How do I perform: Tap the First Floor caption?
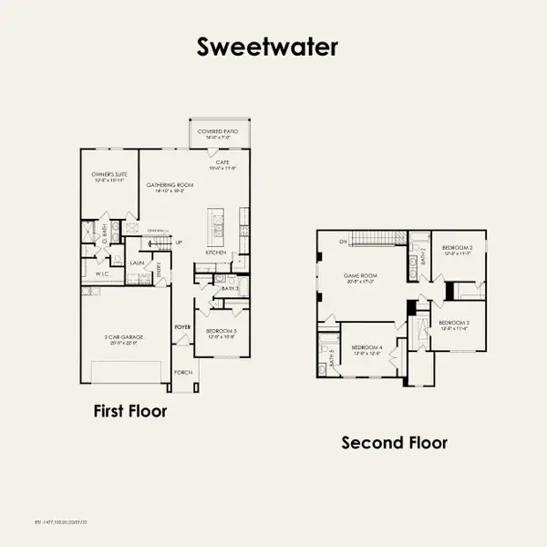click(x=130, y=411)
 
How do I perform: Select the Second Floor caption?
click(x=394, y=443)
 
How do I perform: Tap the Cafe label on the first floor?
click(x=222, y=163)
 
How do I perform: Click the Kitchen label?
click(x=216, y=253)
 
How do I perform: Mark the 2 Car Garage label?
click(x=124, y=337)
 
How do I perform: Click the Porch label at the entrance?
click(x=182, y=371)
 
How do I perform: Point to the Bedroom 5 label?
click(x=221, y=331)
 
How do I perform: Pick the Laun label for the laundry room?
click(x=137, y=263)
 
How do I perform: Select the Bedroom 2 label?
click(x=457, y=248)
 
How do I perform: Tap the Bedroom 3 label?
click(x=453, y=324)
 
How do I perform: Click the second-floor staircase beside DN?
click(x=378, y=240)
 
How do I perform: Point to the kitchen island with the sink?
click(x=217, y=222)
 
